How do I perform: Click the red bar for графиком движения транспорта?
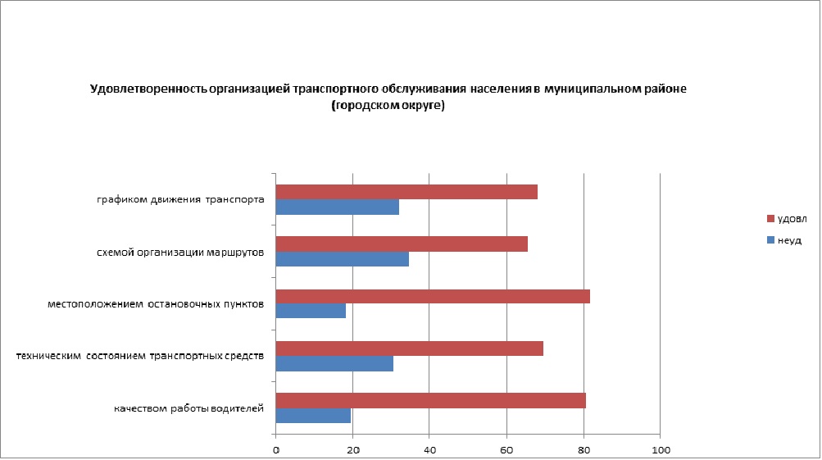pyautogui.click(x=406, y=192)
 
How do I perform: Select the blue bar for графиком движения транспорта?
pyautogui.click(x=338, y=207)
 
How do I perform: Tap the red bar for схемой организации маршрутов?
pyautogui.click(x=402, y=244)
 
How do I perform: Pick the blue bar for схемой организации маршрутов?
pyautogui.click(x=343, y=259)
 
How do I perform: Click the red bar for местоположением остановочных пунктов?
pyautogui.click(x=433, y=296)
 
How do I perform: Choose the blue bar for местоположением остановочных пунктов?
pyautogui.click(x=311, y=312)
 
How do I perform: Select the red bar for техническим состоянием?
pyautogui.click(x=410, y=348)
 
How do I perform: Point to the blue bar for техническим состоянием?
pyautogui.click(x=334, y=364)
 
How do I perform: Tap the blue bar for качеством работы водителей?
pyautogui.click(x=313, y=416)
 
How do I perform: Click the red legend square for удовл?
pyautogui.click(x=770, y=219)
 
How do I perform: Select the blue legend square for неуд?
pyautogui.click(x=770, y=240)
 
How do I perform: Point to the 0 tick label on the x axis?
pyautogui.click(x=276, y=450)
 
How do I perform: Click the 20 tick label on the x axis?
pyautogui.click(x=353, y=450)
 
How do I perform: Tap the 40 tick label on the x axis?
pyautogui.click(x=429, y=450)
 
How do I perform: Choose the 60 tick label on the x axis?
pyautogui.click(x=506, y=450)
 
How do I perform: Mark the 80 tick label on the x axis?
pyautogui.click(x=584, y=450)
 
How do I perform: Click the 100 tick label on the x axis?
pyautogui.click(x=661, y=450)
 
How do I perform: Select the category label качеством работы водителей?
pyautogui.click(x=188, y=408)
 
